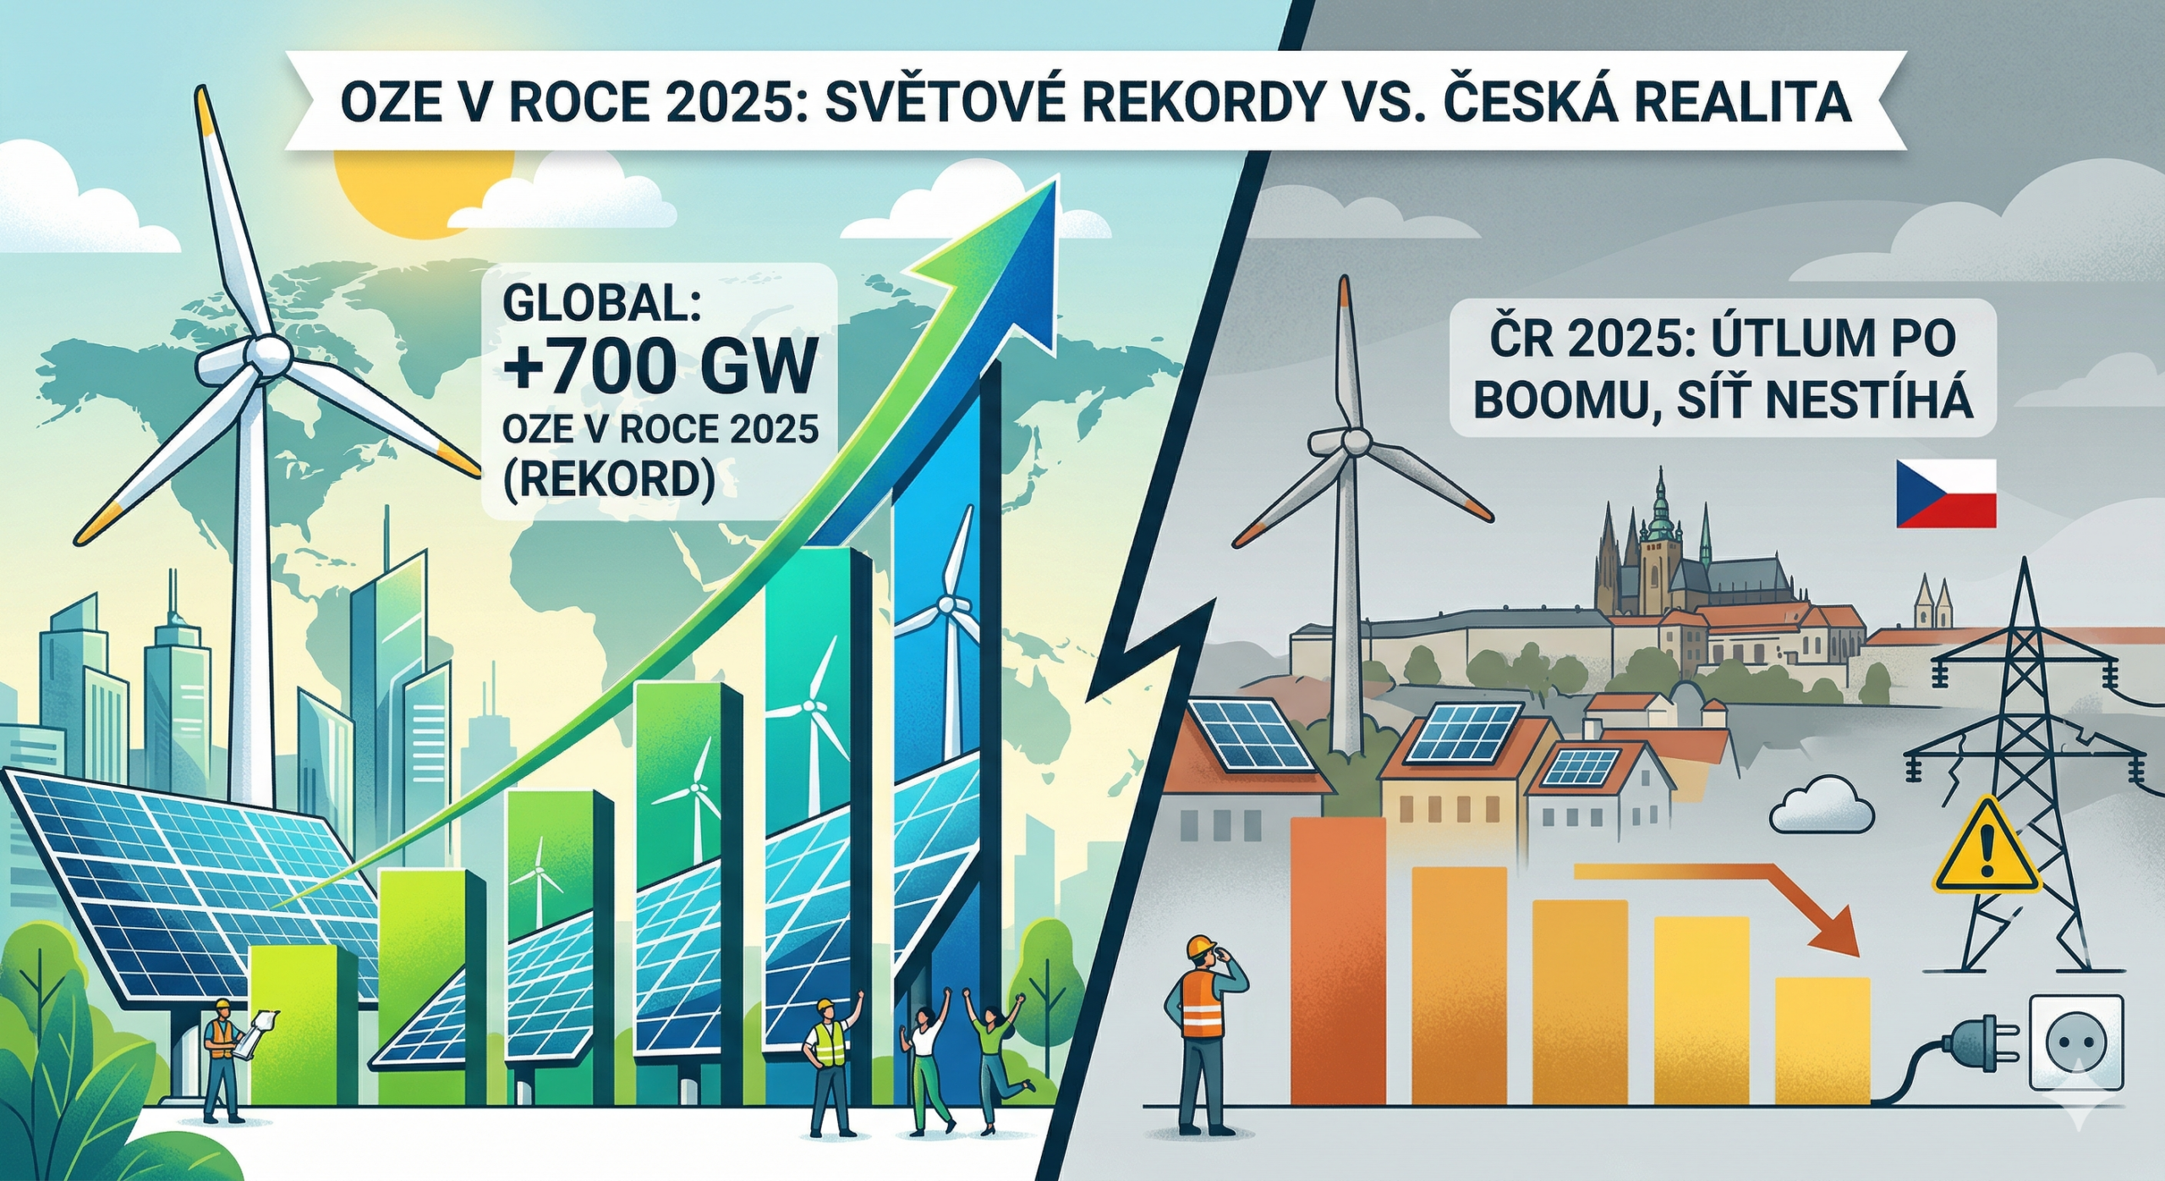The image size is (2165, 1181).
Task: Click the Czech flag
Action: pos(1946,494)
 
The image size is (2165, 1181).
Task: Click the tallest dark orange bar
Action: pos(1338,960)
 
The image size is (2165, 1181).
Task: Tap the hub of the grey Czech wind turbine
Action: pos(1356,441)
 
